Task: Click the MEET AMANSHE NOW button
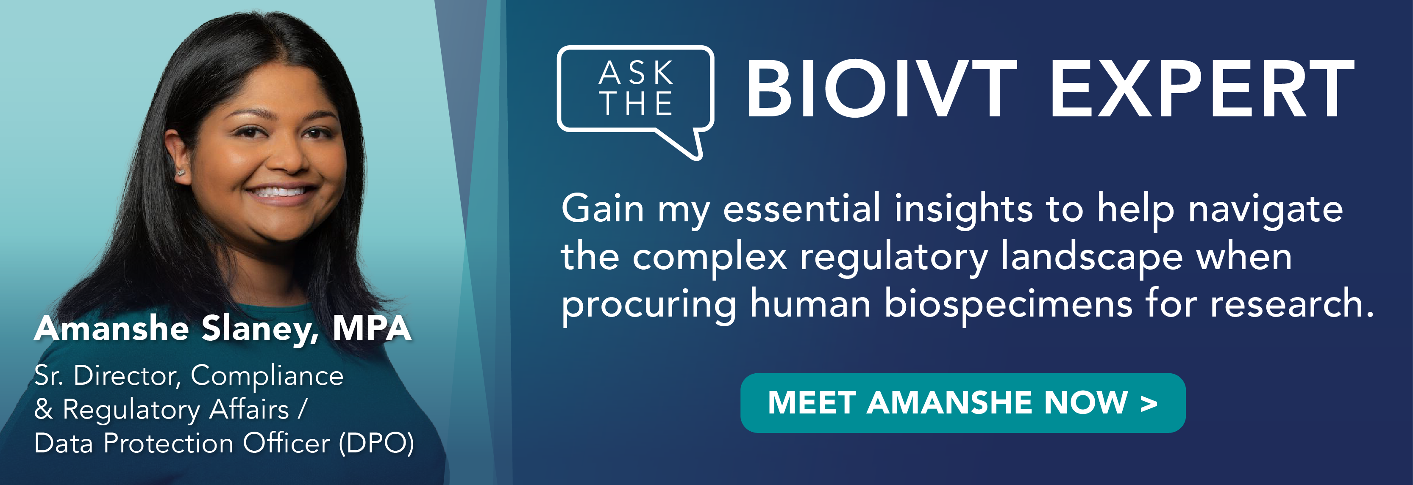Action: (x=962, y=403)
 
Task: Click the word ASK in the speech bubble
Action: (x=636, y=72)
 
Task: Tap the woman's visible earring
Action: (x=181, y=173)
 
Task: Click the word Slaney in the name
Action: (x=259, y=329)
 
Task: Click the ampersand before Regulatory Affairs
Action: (x=43, y=409)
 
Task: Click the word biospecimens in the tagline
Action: (x=1008, y=305)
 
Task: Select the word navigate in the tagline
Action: (x=1266, y=210)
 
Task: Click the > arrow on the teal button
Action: (x=1148, y=404)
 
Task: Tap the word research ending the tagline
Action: (x=1292, y=305)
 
